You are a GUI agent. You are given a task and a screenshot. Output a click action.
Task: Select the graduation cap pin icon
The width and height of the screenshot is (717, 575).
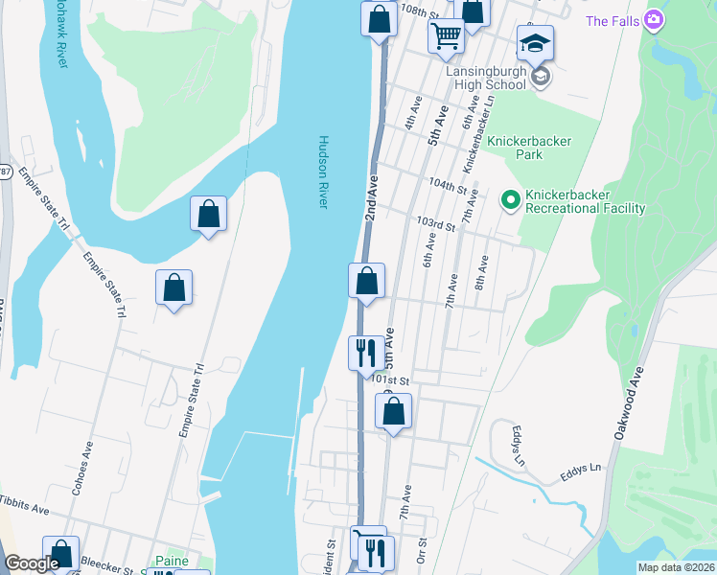535,42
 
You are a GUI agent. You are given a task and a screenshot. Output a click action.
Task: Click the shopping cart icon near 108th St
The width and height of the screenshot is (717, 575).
446,35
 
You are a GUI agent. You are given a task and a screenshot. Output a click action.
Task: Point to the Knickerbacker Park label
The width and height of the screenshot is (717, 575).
529,148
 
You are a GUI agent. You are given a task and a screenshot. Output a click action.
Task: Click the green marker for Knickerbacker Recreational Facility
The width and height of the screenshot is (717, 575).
511,199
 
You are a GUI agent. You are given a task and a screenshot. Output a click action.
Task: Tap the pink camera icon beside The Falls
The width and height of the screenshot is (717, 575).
654,19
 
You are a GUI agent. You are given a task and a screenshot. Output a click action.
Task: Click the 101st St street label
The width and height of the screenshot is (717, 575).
390,380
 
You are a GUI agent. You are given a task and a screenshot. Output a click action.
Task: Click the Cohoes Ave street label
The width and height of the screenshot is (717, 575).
81,468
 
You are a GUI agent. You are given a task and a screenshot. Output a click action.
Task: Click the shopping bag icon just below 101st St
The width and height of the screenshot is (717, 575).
393,412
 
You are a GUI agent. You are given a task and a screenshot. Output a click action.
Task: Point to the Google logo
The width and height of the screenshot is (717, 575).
32,564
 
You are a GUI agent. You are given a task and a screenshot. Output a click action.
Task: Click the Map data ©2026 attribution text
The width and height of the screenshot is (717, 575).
676,567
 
